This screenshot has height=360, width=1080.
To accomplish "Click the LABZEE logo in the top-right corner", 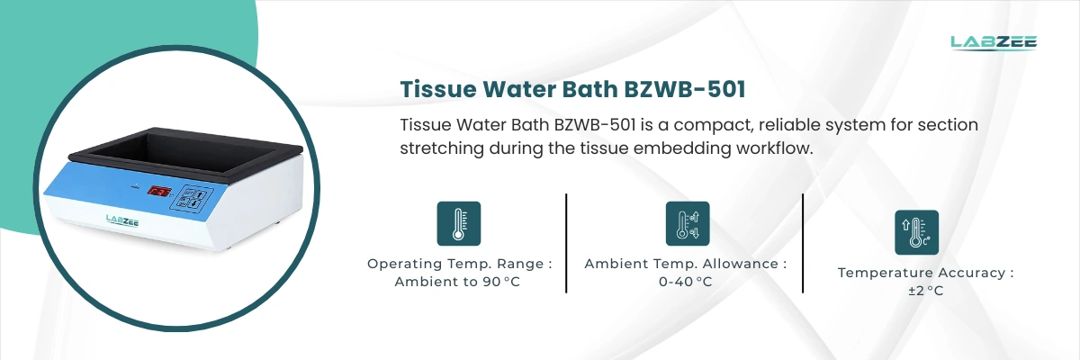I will (x=994, y=41).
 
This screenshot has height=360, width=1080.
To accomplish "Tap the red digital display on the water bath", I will (x=159, y=193).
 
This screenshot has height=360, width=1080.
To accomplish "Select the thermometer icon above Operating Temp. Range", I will (x=458, y=223).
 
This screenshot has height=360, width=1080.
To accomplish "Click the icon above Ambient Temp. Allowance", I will (x=687, y=223).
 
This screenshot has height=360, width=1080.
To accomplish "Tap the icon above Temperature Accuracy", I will (x=916, y=232).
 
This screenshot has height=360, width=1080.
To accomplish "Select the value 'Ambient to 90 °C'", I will (x=458, y=282).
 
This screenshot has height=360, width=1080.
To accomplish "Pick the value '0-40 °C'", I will (x=687, y=282).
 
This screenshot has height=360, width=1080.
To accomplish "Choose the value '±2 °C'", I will (x=926, y=291).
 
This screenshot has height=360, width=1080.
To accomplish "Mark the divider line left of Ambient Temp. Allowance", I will (x=567, y=243).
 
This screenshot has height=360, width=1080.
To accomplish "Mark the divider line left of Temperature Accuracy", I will (x=803, y=243).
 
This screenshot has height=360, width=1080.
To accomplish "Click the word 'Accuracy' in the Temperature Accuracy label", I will (x=975, y=273).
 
